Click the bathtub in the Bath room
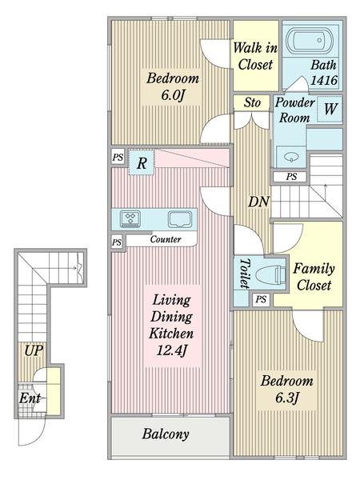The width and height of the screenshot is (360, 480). (309, 41)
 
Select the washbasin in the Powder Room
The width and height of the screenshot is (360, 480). (291, 158)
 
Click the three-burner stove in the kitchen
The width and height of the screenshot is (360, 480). (130, 218)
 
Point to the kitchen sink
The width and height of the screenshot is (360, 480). (180, 220)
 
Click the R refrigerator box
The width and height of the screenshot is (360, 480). (141, 162)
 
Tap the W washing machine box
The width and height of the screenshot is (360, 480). (330, 109)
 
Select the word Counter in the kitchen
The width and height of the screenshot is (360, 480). (166, 239)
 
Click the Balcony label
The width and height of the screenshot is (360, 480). (166, 434)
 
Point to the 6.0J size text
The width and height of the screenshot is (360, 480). (173, 95)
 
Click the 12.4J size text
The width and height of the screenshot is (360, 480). (171, 350)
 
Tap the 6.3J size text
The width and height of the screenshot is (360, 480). (287, 398)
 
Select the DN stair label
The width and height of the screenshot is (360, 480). (258, 202)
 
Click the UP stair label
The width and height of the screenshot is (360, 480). (34, 351)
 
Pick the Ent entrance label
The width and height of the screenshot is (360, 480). (30, 398)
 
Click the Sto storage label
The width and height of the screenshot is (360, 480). (252, 102)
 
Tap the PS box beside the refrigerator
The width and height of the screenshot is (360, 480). (118, 158)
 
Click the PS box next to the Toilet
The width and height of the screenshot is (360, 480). (261, 299)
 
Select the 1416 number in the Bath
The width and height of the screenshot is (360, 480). (324, 81)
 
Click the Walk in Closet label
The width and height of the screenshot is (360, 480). (255, 56)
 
